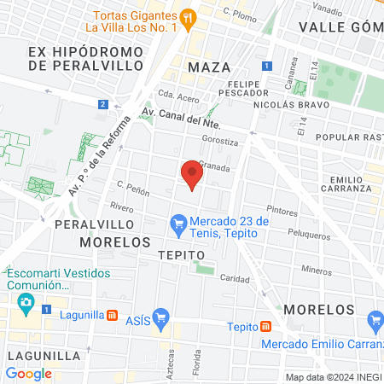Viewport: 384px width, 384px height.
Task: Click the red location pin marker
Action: click(191, 176)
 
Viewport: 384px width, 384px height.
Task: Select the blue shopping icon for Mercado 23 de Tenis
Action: click(178, 225)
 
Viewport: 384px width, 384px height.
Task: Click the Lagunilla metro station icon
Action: click(113, 315)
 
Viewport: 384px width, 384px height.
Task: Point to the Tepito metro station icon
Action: click(265, 326)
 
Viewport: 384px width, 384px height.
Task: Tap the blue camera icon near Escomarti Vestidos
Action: click(26, 301)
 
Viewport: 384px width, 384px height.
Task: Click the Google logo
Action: click(28, 373)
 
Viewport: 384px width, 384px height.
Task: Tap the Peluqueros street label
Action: click(308, 235)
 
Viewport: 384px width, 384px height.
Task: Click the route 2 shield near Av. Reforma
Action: click(102, 104)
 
